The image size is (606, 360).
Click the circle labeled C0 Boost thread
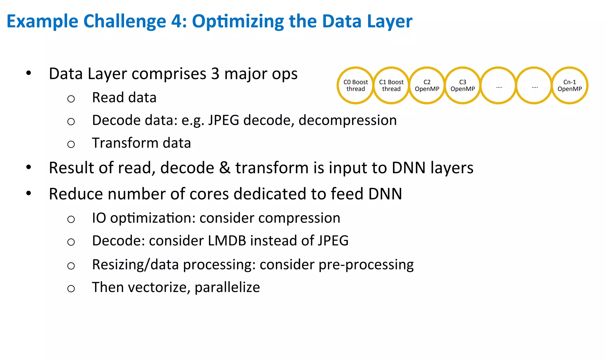[x=355, y=85]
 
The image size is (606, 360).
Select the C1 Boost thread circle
[x=391, y=85]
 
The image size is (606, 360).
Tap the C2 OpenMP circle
[x=427, y=85]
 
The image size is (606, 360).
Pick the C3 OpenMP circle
[x=462, y=85]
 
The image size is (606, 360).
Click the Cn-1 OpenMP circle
[x=570, y=85]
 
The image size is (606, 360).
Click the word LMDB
[x=227, y=240]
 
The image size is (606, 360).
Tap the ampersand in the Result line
[x=225, y=168]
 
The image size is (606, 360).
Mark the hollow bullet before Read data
[x=71, y=99]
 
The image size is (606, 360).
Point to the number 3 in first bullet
[x=215, y=74]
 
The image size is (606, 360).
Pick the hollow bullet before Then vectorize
[x=71, y=288]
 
